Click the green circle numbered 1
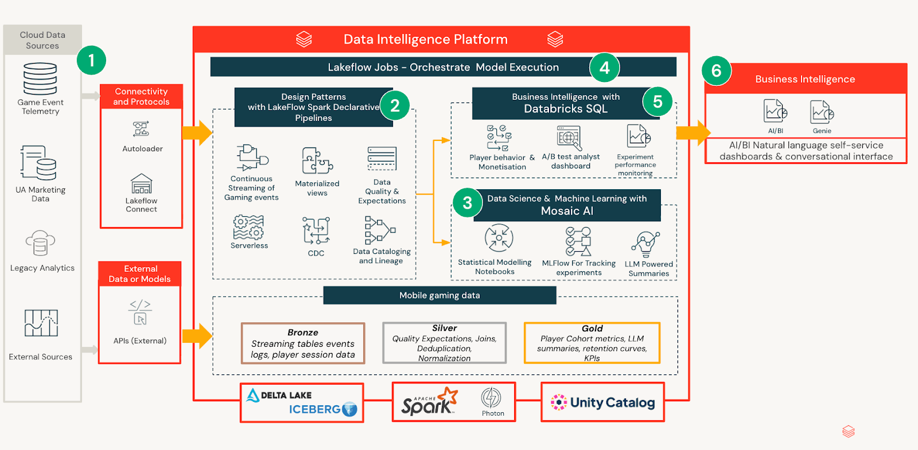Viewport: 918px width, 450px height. click(91, 60)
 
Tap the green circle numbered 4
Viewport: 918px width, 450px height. click(604, 68)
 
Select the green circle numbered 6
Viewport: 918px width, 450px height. click(716, 71)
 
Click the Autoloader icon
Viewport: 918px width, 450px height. click(141, 129)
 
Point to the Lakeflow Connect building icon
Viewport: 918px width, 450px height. click(141, 184)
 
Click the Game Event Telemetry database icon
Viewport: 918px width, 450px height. click(40, 79)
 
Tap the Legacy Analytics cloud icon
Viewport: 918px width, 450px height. click(40, 243)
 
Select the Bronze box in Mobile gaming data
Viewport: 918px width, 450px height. click(303, 343)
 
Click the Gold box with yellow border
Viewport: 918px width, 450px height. click(592, 343)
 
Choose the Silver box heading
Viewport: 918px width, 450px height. click(444, 328)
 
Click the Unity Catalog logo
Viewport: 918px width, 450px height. click(602, 402)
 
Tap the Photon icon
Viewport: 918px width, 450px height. click(491, 398)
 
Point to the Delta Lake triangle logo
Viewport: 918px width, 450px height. click(252, 395)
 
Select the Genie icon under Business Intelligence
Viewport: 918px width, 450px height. click(822, 112)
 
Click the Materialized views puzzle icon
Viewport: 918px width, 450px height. click(317, 161)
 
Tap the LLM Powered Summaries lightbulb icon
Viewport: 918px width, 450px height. click(646, 244)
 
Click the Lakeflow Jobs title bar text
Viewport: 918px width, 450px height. click(443, 67)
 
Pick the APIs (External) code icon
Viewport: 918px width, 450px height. click(140, 312)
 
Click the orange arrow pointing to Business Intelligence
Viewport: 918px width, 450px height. click(693, 133)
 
